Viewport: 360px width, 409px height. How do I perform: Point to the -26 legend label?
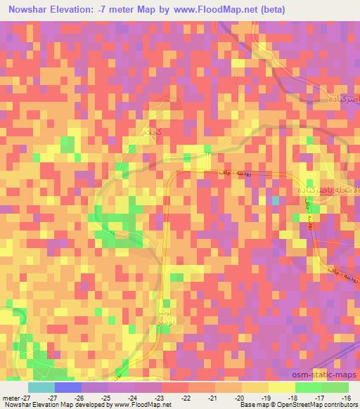point(79,398)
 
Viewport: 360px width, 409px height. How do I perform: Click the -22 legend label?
point(186,398)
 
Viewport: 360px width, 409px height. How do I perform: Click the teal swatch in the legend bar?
point(41,387)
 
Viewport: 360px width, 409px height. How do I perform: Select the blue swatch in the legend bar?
point(67,387)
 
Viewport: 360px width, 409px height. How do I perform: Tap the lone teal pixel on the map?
point(276,201)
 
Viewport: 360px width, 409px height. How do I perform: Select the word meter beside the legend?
point(12,398)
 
